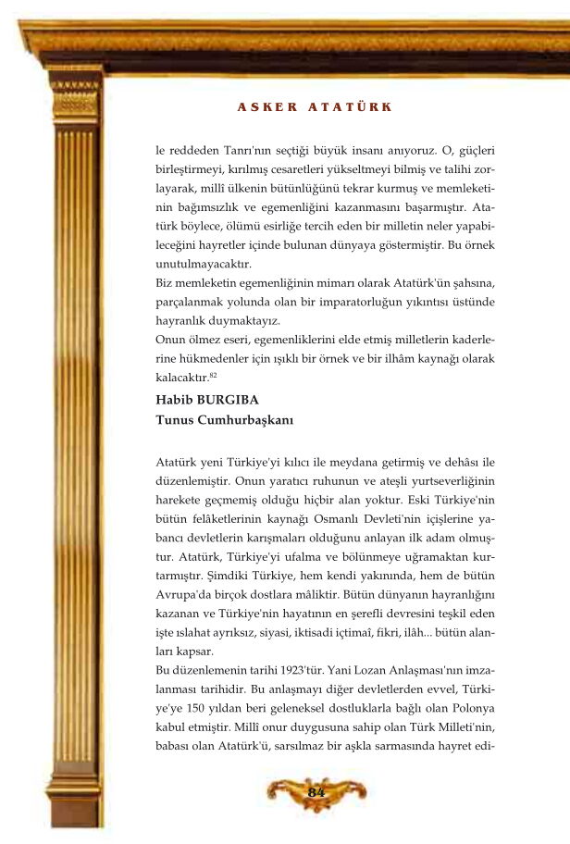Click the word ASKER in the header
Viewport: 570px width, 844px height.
tap(267, 107)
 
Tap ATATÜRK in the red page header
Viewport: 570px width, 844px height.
tap(350, 107)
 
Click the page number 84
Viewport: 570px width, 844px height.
tap(316, 792)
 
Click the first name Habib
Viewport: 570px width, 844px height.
tap(175, 401)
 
